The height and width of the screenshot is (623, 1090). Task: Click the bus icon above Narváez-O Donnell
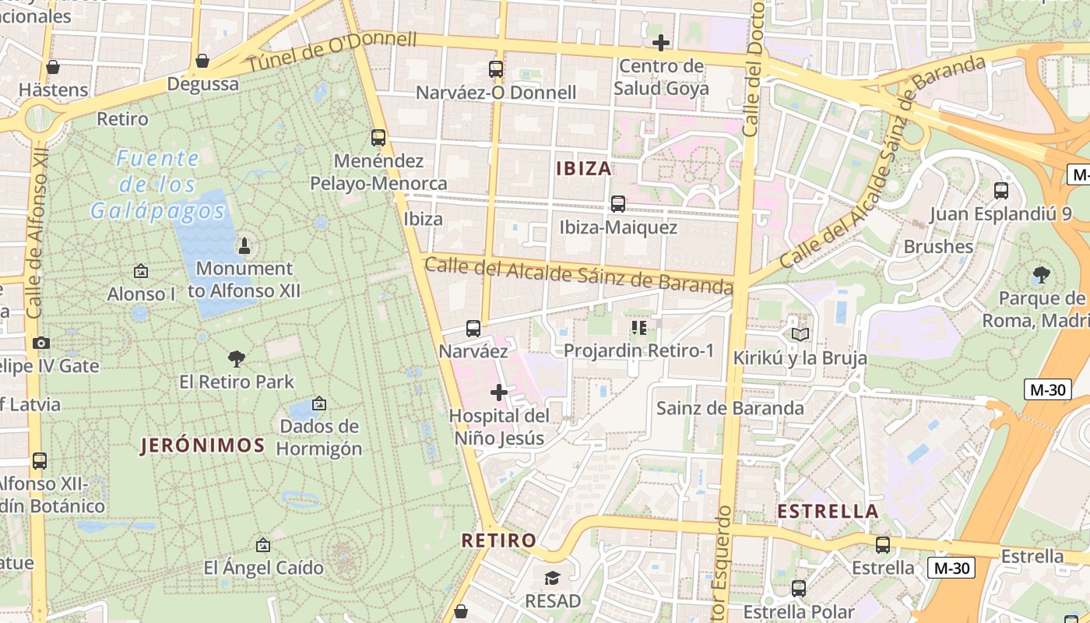coord(496,69)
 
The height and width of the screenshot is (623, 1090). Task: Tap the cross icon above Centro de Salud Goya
coord(661,42)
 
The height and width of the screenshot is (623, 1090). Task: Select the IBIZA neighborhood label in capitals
coord(584,168)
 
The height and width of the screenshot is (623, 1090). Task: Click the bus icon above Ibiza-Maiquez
coord(618,204)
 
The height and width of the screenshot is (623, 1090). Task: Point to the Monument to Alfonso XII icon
coord(244,246)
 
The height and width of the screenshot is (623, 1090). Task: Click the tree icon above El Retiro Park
coord(237,358)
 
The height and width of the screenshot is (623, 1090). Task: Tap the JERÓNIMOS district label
coord(202,445)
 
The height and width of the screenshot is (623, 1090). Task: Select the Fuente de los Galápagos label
coord(158,185)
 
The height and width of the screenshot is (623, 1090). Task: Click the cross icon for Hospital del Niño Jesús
coord(499,392)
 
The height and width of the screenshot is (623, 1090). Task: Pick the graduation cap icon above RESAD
coord(553,578)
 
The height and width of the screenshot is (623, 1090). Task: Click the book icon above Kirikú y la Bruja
coord(800,334)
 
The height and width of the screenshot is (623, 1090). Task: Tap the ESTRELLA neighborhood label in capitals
coord(828,512)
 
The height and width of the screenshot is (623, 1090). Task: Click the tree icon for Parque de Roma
coord(1041,274)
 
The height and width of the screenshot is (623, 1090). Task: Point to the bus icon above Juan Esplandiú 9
coord(1001,190)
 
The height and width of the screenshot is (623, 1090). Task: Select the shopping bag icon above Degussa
coord(202,61)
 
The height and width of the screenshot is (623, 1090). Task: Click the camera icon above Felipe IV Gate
coord(40,343)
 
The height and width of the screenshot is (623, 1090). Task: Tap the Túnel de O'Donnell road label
coord(332,51)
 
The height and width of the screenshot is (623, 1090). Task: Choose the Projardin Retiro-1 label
coord(638,350)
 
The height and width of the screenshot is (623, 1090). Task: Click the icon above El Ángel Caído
coord(263,545)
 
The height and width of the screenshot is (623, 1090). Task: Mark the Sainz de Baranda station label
coord(730,408)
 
